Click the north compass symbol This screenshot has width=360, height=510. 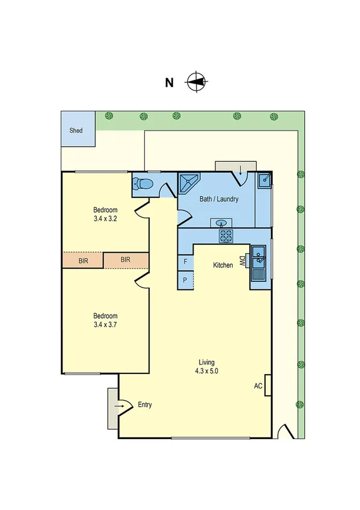coord(196,81)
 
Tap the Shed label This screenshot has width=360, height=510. coord(76,130)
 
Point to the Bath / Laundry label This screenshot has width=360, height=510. coord(219,199)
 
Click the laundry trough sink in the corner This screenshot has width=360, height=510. coord(264,179)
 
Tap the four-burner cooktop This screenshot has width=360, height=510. coord(226,236)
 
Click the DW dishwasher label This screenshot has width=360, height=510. coord(242,261)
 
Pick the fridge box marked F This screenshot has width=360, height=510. coord(185,262)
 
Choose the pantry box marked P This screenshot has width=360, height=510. coord(185,280)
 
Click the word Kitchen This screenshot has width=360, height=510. coord(223,265)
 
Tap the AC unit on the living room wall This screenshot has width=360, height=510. coord(268,386)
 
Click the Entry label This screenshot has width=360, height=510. coord(145,405)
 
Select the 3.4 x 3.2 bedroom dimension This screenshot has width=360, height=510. coord(105,219)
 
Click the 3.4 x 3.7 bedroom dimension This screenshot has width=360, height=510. coord(105,325)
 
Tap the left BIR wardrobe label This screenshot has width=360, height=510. coord(84,260)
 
